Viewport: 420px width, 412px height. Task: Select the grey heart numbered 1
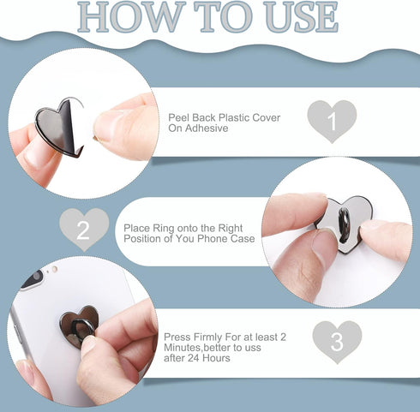(332, 121)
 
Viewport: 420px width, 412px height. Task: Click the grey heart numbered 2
(84, 230)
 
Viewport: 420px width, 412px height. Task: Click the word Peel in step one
(178, 117)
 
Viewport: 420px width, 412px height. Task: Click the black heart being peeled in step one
(59, 127)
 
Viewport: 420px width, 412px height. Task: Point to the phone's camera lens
(36, 278)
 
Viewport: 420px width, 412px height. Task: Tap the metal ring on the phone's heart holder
(83, 329)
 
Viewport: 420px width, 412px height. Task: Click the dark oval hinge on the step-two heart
(345, 225)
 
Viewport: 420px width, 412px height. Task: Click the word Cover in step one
(268, 117)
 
